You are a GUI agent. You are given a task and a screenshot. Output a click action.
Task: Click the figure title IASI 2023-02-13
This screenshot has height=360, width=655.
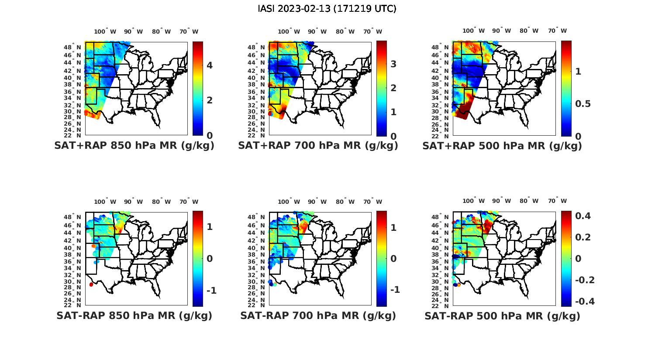point(327,9)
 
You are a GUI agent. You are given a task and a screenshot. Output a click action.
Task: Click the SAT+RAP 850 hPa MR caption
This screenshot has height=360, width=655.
point(134,146)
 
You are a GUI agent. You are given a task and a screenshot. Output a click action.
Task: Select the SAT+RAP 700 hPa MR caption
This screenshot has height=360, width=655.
point(318,146)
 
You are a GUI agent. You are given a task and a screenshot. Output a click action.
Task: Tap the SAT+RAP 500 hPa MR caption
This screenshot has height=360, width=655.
point(502,146)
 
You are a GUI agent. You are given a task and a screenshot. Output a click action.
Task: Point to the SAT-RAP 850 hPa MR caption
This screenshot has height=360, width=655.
point(134,315)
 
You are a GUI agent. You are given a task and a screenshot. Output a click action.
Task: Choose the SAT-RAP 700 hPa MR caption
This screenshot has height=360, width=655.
point(318,315)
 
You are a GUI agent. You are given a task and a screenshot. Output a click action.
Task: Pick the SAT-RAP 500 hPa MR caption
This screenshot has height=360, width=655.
point(502,316)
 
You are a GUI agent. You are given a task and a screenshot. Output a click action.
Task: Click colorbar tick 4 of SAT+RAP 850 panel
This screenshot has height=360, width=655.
point(210,65)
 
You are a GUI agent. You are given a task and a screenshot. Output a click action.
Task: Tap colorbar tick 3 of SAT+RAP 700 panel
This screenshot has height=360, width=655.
point(393,64)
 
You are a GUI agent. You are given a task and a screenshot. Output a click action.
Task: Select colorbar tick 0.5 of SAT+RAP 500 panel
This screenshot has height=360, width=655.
point(583,104)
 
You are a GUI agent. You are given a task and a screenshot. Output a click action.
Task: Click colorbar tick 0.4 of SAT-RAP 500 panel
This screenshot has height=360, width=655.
point(583,216)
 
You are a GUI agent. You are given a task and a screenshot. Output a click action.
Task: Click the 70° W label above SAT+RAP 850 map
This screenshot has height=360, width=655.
point(189,31)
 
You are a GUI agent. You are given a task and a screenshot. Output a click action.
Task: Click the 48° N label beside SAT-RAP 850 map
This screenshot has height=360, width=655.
point(73,217)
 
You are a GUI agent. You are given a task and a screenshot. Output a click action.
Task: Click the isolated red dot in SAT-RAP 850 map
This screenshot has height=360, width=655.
point(91,285)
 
